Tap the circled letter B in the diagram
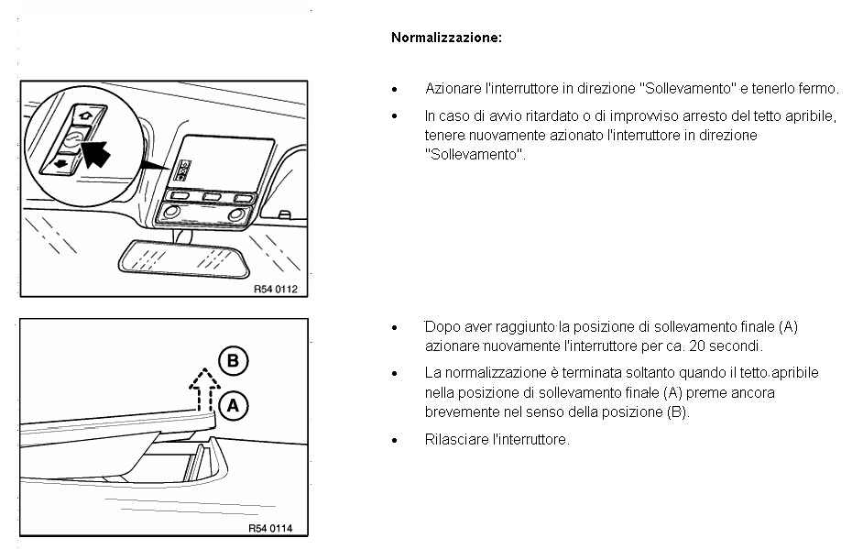point(233,361)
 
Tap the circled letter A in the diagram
point(234,404)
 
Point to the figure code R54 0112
point(276,289)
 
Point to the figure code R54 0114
point(276,528)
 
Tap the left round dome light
point(169,214)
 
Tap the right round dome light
point(236,214)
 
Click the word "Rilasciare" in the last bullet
point(455,440)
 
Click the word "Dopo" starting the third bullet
point(441,326)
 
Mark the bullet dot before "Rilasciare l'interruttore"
point(394,441)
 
